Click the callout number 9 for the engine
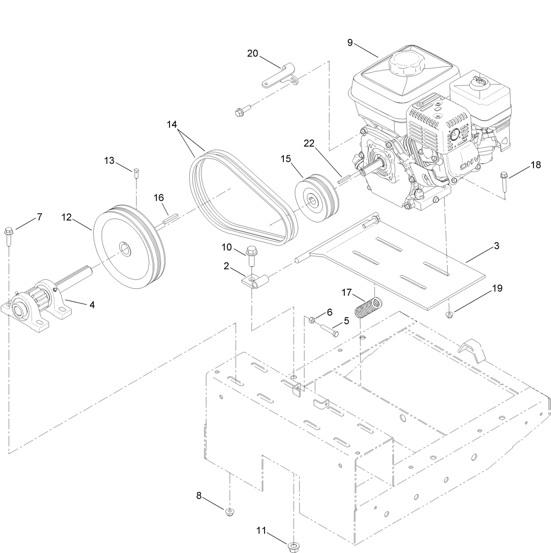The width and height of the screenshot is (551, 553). [x=350, y=42]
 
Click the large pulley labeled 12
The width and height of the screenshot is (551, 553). [x=129, y=247]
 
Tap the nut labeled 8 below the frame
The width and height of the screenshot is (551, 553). [x=229, y=512]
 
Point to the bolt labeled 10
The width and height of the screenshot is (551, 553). [x=251, y=255]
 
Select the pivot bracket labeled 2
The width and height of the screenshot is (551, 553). [x=254, y=281]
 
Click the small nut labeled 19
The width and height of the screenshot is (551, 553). [x=449, y=313]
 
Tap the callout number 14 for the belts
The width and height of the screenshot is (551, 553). [x=172, y=124]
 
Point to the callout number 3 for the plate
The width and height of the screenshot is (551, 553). [x=496, y=246]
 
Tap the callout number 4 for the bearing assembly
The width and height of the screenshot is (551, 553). [x=92, y=305]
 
